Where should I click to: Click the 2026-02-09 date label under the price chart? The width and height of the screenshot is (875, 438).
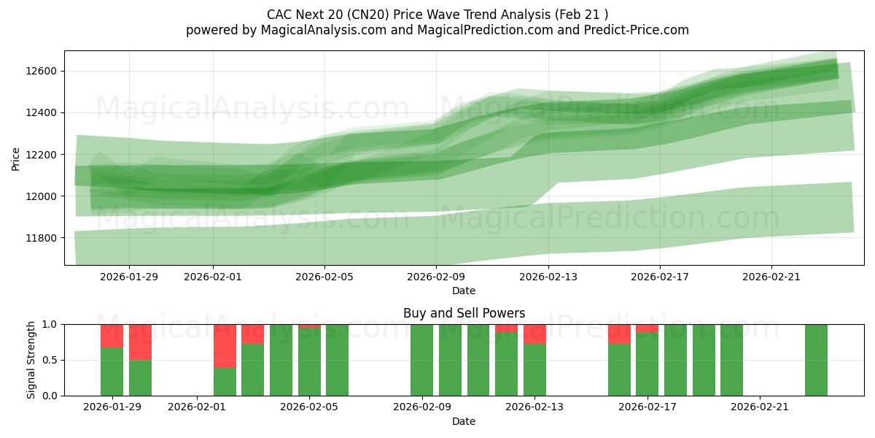(x=436, y=277)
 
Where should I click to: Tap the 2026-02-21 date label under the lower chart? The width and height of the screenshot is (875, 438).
(x=760, y=407)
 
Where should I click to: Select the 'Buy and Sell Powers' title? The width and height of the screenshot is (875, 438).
(x=464, y=313)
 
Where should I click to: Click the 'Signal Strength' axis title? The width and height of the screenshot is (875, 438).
(x=31, y=360)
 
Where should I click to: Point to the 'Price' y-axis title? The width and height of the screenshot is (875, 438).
(x=16, y=158)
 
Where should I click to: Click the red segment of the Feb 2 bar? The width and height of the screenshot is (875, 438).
(x=225, y=345)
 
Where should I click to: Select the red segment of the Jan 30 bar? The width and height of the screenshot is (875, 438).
(x=140, y=342)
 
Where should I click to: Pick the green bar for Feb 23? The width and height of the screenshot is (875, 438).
(x=816, y=360)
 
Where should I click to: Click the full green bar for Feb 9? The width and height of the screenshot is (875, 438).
(x=421, y=360)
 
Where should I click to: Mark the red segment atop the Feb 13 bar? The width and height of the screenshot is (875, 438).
(x=534, y=334)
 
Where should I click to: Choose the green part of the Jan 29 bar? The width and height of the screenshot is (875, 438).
(x=112, y=372)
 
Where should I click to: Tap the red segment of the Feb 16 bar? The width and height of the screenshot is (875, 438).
(x=619, y=334)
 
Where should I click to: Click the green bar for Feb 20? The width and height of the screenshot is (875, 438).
(x=731, y=360)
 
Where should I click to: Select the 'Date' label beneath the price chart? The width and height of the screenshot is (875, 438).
(x=464, y=291)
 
